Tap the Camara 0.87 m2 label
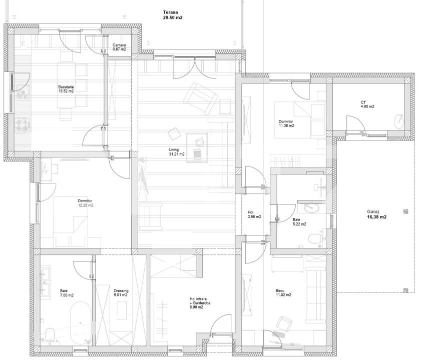(x=119, y=47)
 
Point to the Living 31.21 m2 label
(x=177, y=152)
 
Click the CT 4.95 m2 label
(x=367, y=104)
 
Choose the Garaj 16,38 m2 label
(x=376, y=214)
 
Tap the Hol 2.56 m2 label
(x=254, y=214)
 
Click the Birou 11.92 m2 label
(x=283, y=293)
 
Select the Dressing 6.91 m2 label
(x=121, y=293)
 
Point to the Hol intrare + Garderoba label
(x=200, y=302)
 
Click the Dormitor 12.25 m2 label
(x=86, y=203)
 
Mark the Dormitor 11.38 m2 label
(x=286, y=123)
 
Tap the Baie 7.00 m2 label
(x=67, y=293)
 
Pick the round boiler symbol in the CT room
(x=399, y=121)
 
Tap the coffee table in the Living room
(x=197, y=147)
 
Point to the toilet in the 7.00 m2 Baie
(x=50, y=335)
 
